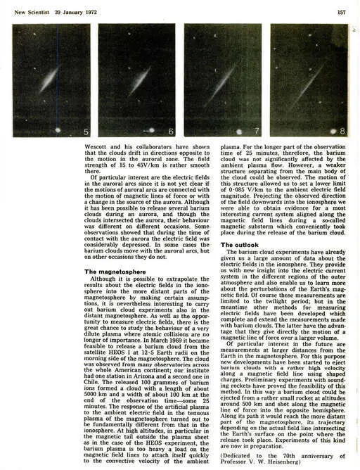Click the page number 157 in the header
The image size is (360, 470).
pyautogui.click(x=342, y=12)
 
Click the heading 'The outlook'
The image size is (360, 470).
pyautogui.click(x=241, y=245)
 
